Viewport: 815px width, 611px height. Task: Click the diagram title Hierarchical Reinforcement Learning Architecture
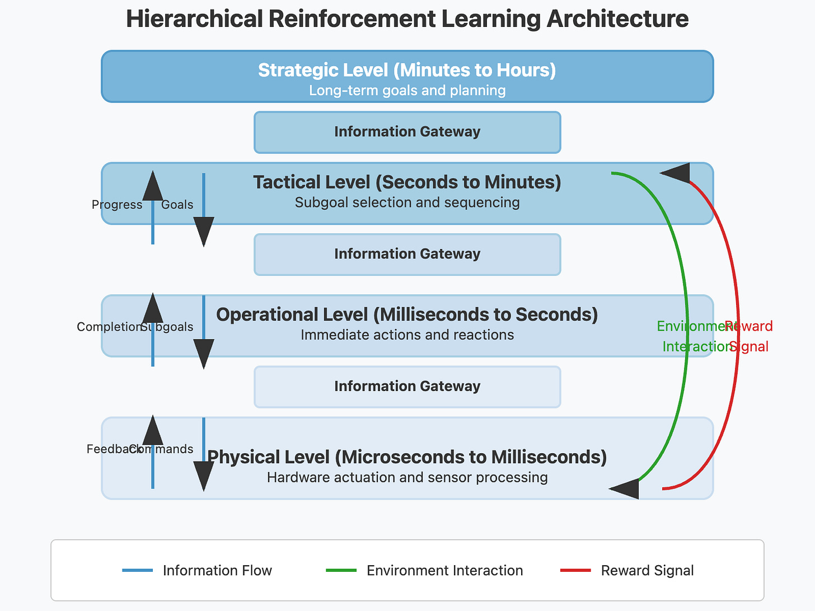(407, 19)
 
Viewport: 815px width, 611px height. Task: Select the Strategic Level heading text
(407, 70)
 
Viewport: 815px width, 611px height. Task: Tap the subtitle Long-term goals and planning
(407, 91)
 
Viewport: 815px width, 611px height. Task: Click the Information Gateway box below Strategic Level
(407, 132)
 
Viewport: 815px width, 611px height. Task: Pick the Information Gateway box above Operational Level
(407, 254)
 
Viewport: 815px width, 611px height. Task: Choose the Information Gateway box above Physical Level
(407, 387)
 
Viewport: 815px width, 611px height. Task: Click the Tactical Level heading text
(407, 182)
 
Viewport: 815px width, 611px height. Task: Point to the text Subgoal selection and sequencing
(407, 203)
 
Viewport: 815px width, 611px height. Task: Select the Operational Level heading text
(407, 315)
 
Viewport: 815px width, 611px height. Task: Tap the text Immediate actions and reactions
(407, 335)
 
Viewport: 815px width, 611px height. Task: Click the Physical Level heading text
(407, 458)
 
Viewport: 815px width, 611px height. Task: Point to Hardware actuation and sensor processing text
(407, 478)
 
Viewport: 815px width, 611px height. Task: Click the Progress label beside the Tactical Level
(117, 205)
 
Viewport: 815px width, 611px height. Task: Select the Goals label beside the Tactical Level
(177, 205)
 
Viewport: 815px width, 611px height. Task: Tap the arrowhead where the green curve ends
(626, 488)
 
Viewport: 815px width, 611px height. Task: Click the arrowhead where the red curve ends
(677, 173)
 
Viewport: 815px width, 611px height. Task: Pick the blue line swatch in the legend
(137, 570)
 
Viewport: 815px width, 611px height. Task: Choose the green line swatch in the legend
(341, 570)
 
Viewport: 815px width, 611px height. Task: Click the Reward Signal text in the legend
(647, 571)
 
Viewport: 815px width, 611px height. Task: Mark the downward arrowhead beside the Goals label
(204, 231)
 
